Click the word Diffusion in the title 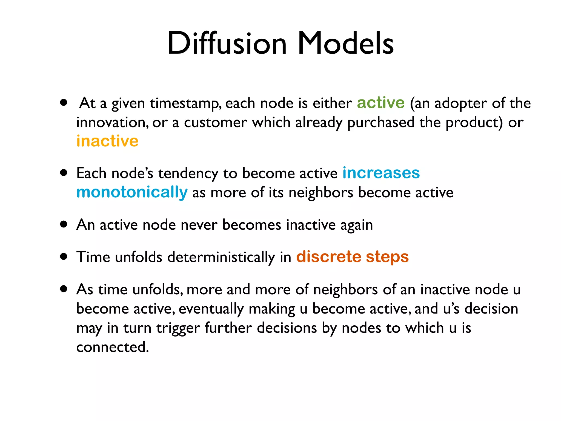click(x=227, y=43)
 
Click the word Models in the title click(x=345, y=43)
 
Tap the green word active click(x=380, y=103)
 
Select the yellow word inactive click(x=107, y=141)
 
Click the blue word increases click(x=381, y=173)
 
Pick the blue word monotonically click(x=132, y=192)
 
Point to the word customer click(x=215, y=122)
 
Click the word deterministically click(x=221, y=257)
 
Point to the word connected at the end click(x=112, y=347)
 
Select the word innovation click(x=112, y=122)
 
